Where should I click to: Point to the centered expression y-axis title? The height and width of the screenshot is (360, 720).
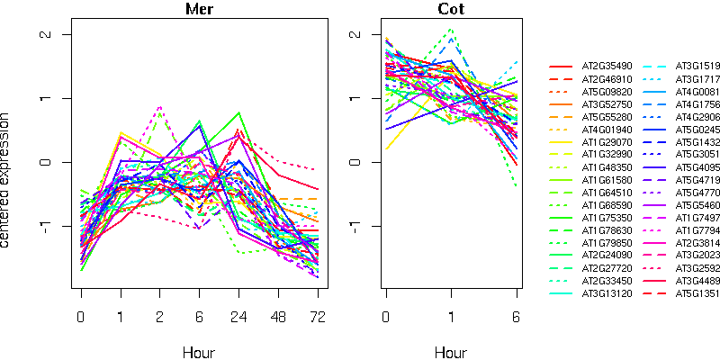coord(7,180)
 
